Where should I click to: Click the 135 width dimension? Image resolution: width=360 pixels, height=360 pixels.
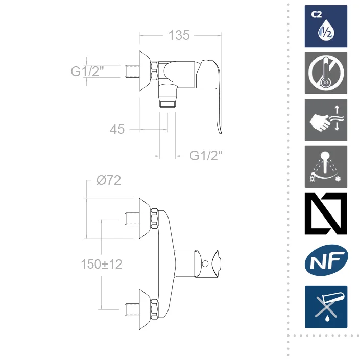[179, 35]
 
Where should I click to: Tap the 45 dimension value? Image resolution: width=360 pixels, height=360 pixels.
[117, 129]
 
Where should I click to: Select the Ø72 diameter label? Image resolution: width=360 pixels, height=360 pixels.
[109, 180]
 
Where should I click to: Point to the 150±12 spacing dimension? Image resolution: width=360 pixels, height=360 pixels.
[102, 264]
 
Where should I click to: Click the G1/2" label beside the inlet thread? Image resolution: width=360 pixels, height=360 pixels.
[87, 71]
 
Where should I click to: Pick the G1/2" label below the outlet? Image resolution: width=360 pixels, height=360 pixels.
[206, 156]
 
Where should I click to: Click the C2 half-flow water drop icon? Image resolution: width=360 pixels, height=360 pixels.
[326, 27]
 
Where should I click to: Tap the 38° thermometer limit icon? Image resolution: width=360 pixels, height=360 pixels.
[326, 73]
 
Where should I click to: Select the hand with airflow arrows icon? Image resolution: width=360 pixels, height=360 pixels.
[326, 120]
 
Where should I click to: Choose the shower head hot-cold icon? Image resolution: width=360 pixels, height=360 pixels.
[326, 166]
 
